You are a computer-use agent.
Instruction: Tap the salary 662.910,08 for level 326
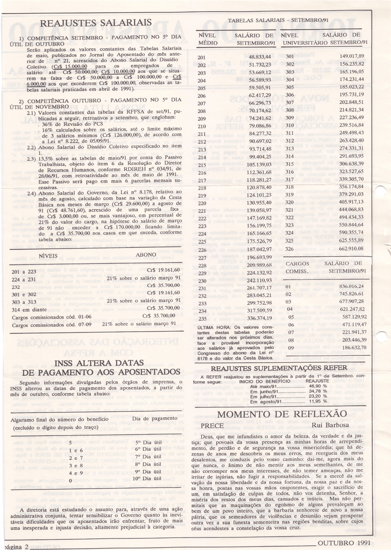[x=351, y=248]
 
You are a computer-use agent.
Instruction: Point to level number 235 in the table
[x=203, y=319]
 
